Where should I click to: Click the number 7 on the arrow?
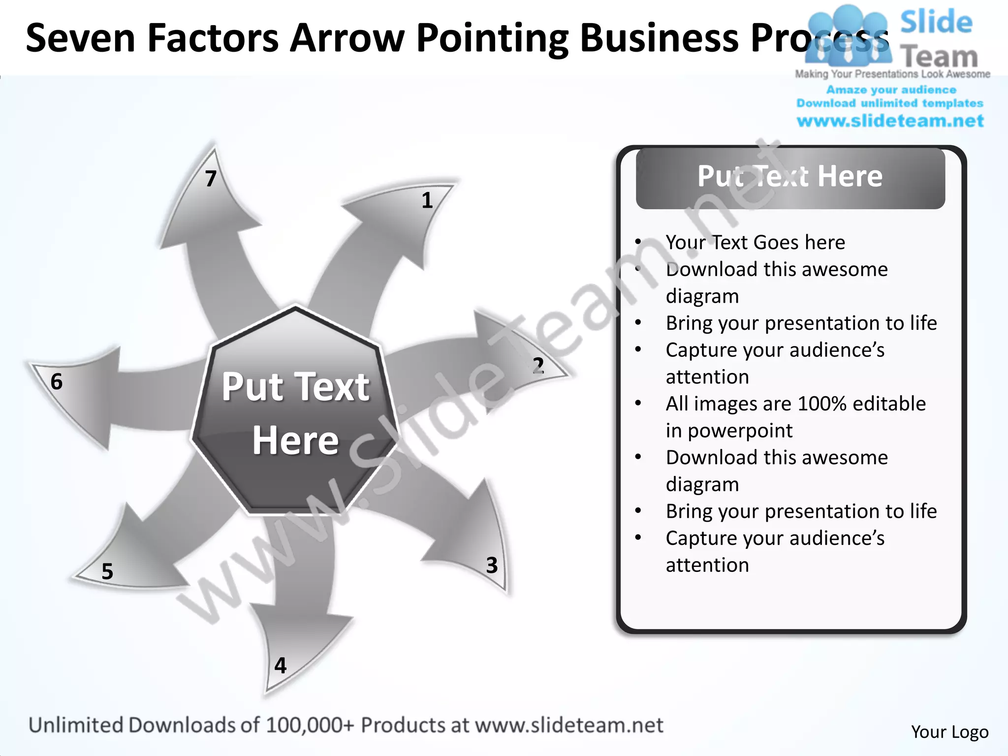click(x=211, y=179)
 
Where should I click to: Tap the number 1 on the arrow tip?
click(x=427, y=200)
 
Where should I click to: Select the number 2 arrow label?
click(x=538, y=366)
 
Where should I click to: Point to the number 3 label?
click(x=492, y=565)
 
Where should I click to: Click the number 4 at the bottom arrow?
click(x=281, y=665)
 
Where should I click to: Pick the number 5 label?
click(x=107, y=571)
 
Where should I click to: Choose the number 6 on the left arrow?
click(x=57, y=381)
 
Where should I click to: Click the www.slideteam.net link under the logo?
click(x=890, y=121)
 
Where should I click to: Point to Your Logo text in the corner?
click(x=949, y=732)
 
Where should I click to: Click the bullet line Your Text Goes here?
click(x=755, y=242)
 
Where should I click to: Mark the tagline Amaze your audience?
click(x=891, y=90)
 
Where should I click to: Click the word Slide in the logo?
click(x=936, y=23)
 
